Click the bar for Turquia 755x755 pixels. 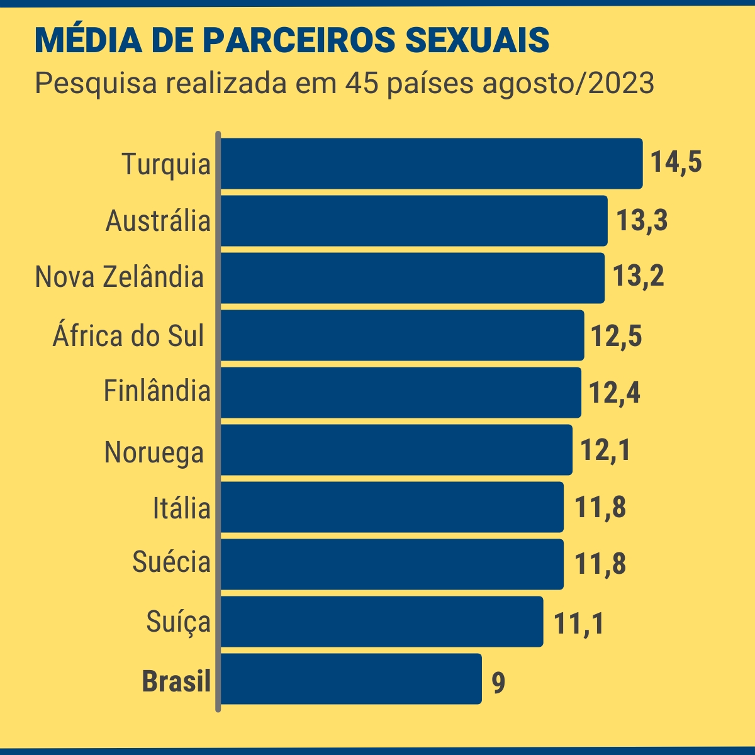431,164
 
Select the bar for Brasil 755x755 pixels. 350,679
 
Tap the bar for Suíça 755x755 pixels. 381,622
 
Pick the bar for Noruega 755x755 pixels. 396,450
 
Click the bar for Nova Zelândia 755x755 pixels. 412,278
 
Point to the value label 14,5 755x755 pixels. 676,162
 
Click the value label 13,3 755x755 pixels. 642,220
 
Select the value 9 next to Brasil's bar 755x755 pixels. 498,683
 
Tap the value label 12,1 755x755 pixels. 605,450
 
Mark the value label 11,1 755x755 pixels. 579,624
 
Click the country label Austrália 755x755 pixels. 158,221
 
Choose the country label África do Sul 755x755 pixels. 128,336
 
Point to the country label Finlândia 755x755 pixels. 157,391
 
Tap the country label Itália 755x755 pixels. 181,508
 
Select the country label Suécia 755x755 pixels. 171,562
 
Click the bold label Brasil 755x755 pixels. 176,681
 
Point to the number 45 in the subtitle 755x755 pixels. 362,84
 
